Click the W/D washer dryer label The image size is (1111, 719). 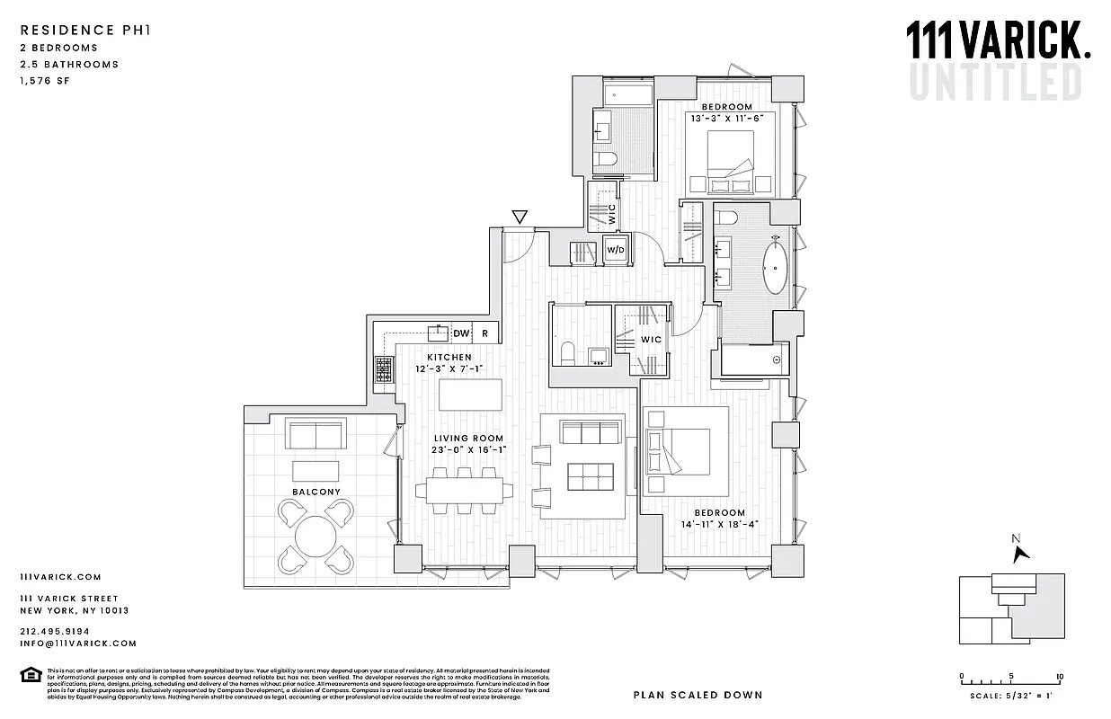tap(616, 250)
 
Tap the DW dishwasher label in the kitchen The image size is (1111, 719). tap(461, 333)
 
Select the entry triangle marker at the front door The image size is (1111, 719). tap(519, 217)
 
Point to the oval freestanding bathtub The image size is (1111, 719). tap(776, 267)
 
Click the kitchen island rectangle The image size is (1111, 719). tap(470, 395)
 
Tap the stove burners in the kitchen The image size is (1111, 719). tap(384, 368)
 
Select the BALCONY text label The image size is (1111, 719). tap(316, 493)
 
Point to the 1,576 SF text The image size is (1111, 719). tap(44, 81)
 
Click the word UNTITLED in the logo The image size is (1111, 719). tap(995, 81)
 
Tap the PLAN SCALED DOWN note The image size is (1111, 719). tap(698, 695)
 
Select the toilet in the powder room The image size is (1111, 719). tap(566, 353)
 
